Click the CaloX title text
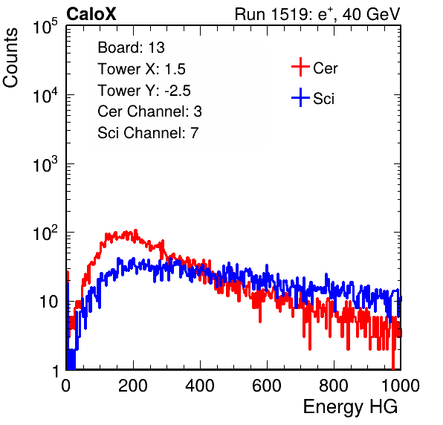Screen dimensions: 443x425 click(91, 14)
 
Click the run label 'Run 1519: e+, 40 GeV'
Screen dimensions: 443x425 click(317, 14)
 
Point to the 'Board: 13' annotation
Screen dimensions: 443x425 click(131, 48)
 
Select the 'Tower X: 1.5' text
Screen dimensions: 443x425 click(141, 69)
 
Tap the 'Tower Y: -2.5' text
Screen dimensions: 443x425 click(144, 91)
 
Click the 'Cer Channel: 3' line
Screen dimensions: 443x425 click(149, 111)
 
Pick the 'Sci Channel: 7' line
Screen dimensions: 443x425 click(148, 133)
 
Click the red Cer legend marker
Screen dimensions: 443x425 click(300, 67)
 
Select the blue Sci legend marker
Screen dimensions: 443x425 click(300, 97)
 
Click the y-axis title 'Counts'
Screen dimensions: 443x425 click(10, 58)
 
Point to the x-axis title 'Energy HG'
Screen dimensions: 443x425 click(350, 407)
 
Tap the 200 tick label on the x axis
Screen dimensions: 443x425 click(133, 386)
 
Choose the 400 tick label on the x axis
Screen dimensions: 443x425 click(200, 386)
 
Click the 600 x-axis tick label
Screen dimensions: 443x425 click(267, 386)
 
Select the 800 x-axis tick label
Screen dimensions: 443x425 click(334, 386)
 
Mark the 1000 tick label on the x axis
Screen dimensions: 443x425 click(401, 386)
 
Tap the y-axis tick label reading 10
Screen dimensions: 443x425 click(48, 302)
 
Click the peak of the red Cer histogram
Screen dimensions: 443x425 click(135, 230)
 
